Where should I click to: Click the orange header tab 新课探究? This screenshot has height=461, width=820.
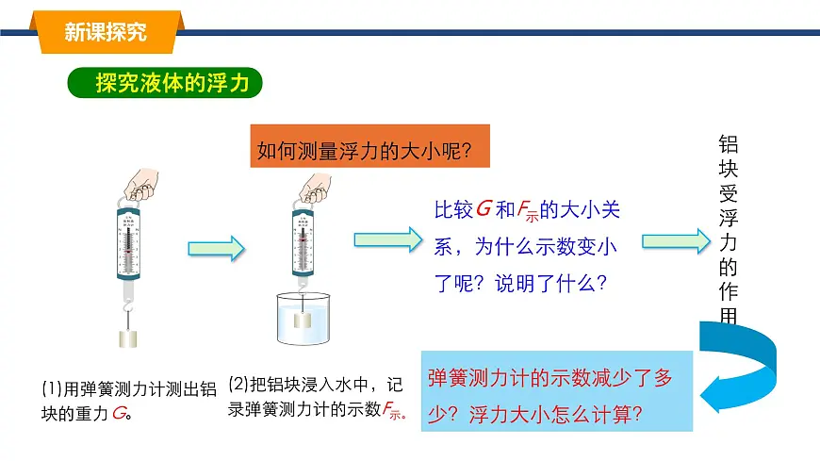[106, 31]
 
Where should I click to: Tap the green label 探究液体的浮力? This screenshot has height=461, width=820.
[164, 83]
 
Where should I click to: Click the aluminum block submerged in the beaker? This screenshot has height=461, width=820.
[303, 319]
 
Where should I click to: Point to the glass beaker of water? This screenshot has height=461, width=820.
[303, 318]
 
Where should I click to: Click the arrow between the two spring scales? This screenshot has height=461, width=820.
[216, 248]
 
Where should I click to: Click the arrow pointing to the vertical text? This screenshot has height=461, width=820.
[674, 240]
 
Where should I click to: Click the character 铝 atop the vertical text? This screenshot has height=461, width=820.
[728, 144]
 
